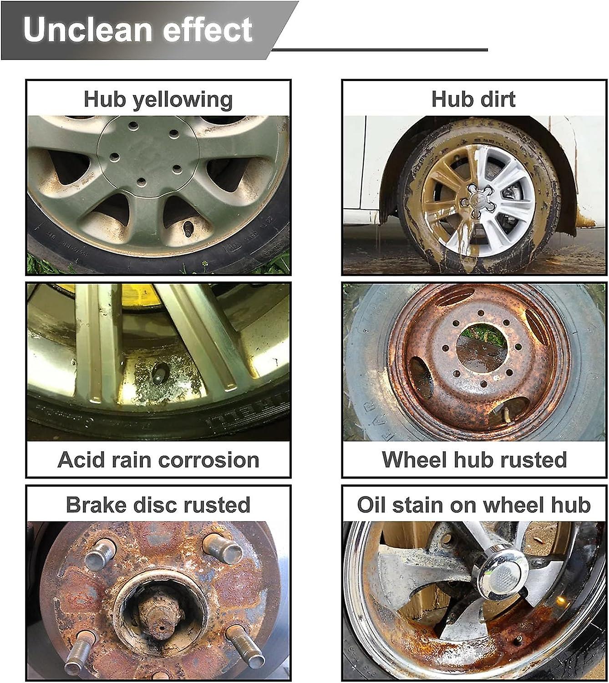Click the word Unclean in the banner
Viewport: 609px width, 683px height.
click(x=86, y=30)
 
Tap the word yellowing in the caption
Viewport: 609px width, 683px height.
click(x=182, y=100)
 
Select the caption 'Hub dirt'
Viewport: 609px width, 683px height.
click(x=473, y=99)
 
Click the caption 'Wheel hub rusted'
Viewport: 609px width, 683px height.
click(x=474, y=460)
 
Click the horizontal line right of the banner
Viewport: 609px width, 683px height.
click(x=380, y=49)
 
